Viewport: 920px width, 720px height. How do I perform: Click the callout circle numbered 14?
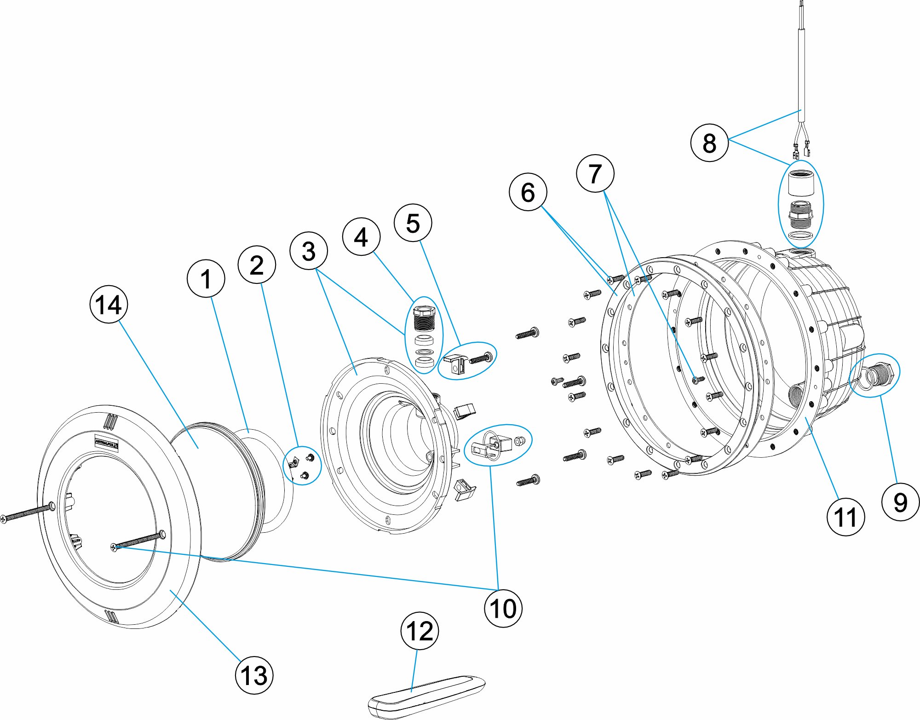[x=109, y=304]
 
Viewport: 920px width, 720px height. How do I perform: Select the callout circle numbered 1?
[x=206, y=279]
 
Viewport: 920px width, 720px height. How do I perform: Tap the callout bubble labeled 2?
[x=257, y=265]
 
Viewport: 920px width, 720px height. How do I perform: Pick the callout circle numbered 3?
[x=309, y=251]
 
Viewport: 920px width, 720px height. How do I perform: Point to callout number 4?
[x=361, y=237]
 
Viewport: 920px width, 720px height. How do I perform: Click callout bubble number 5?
[x=413, y=223]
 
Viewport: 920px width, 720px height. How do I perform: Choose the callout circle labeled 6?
[x=528, y=192]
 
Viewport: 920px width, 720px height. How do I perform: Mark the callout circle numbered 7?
[x=595, y=173]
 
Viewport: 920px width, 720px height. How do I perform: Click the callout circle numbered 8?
[x=709, y=143]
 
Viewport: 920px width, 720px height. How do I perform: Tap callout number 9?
[x=900, y=501]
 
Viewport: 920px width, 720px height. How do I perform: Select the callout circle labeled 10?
[x=503, y=608]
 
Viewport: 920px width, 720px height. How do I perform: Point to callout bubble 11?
[x=845, y=517]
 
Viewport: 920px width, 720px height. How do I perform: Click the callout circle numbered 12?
[x=420, y=631]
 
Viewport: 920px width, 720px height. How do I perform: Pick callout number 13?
[x=254, y=675]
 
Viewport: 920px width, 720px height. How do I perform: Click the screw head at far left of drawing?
[x=4, y=518]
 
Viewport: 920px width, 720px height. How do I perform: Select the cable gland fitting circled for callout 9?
[x=880, y=374]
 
